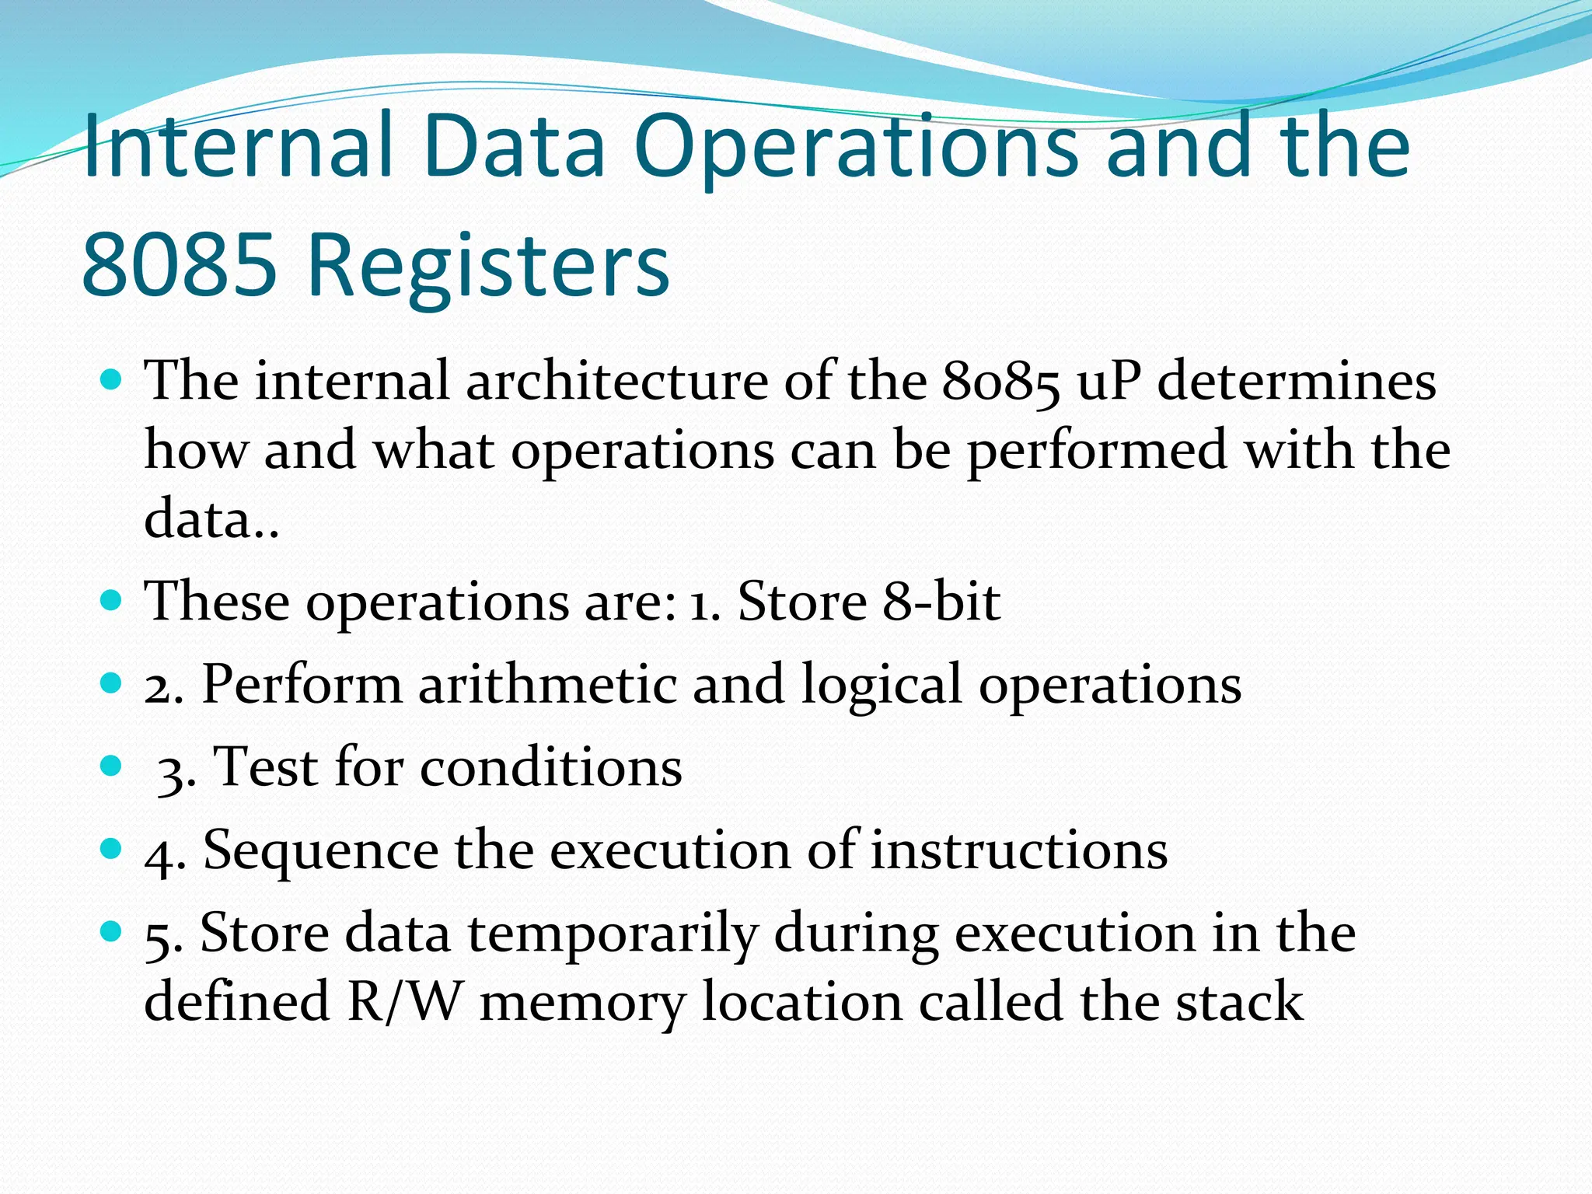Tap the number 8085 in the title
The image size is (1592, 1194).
(x=179, y=264)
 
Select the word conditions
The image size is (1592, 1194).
(x=551, y=767)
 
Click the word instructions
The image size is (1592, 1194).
(x=1018, y=850)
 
